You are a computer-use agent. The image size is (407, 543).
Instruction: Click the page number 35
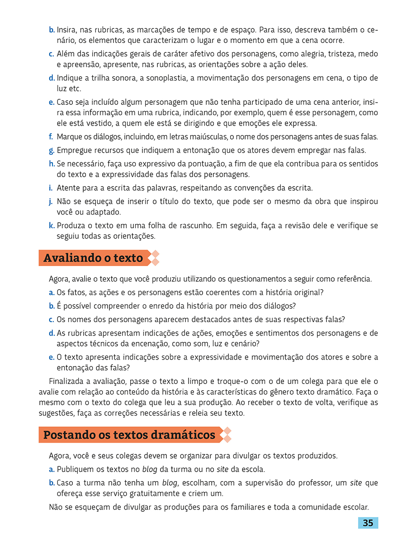coord(368,523)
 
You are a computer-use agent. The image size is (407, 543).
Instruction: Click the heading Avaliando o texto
coord(93,258)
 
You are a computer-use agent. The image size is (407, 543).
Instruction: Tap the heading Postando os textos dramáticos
coord(129,435)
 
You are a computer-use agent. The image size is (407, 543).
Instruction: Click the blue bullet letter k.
coord(52,225)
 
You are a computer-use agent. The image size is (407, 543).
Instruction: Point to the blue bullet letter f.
coord(51,136)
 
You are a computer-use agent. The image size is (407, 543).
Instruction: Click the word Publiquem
coord(74,469)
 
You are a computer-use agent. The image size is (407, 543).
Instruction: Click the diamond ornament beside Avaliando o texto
coord(154,258)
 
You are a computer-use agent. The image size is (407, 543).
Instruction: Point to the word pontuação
coord(185,164)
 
